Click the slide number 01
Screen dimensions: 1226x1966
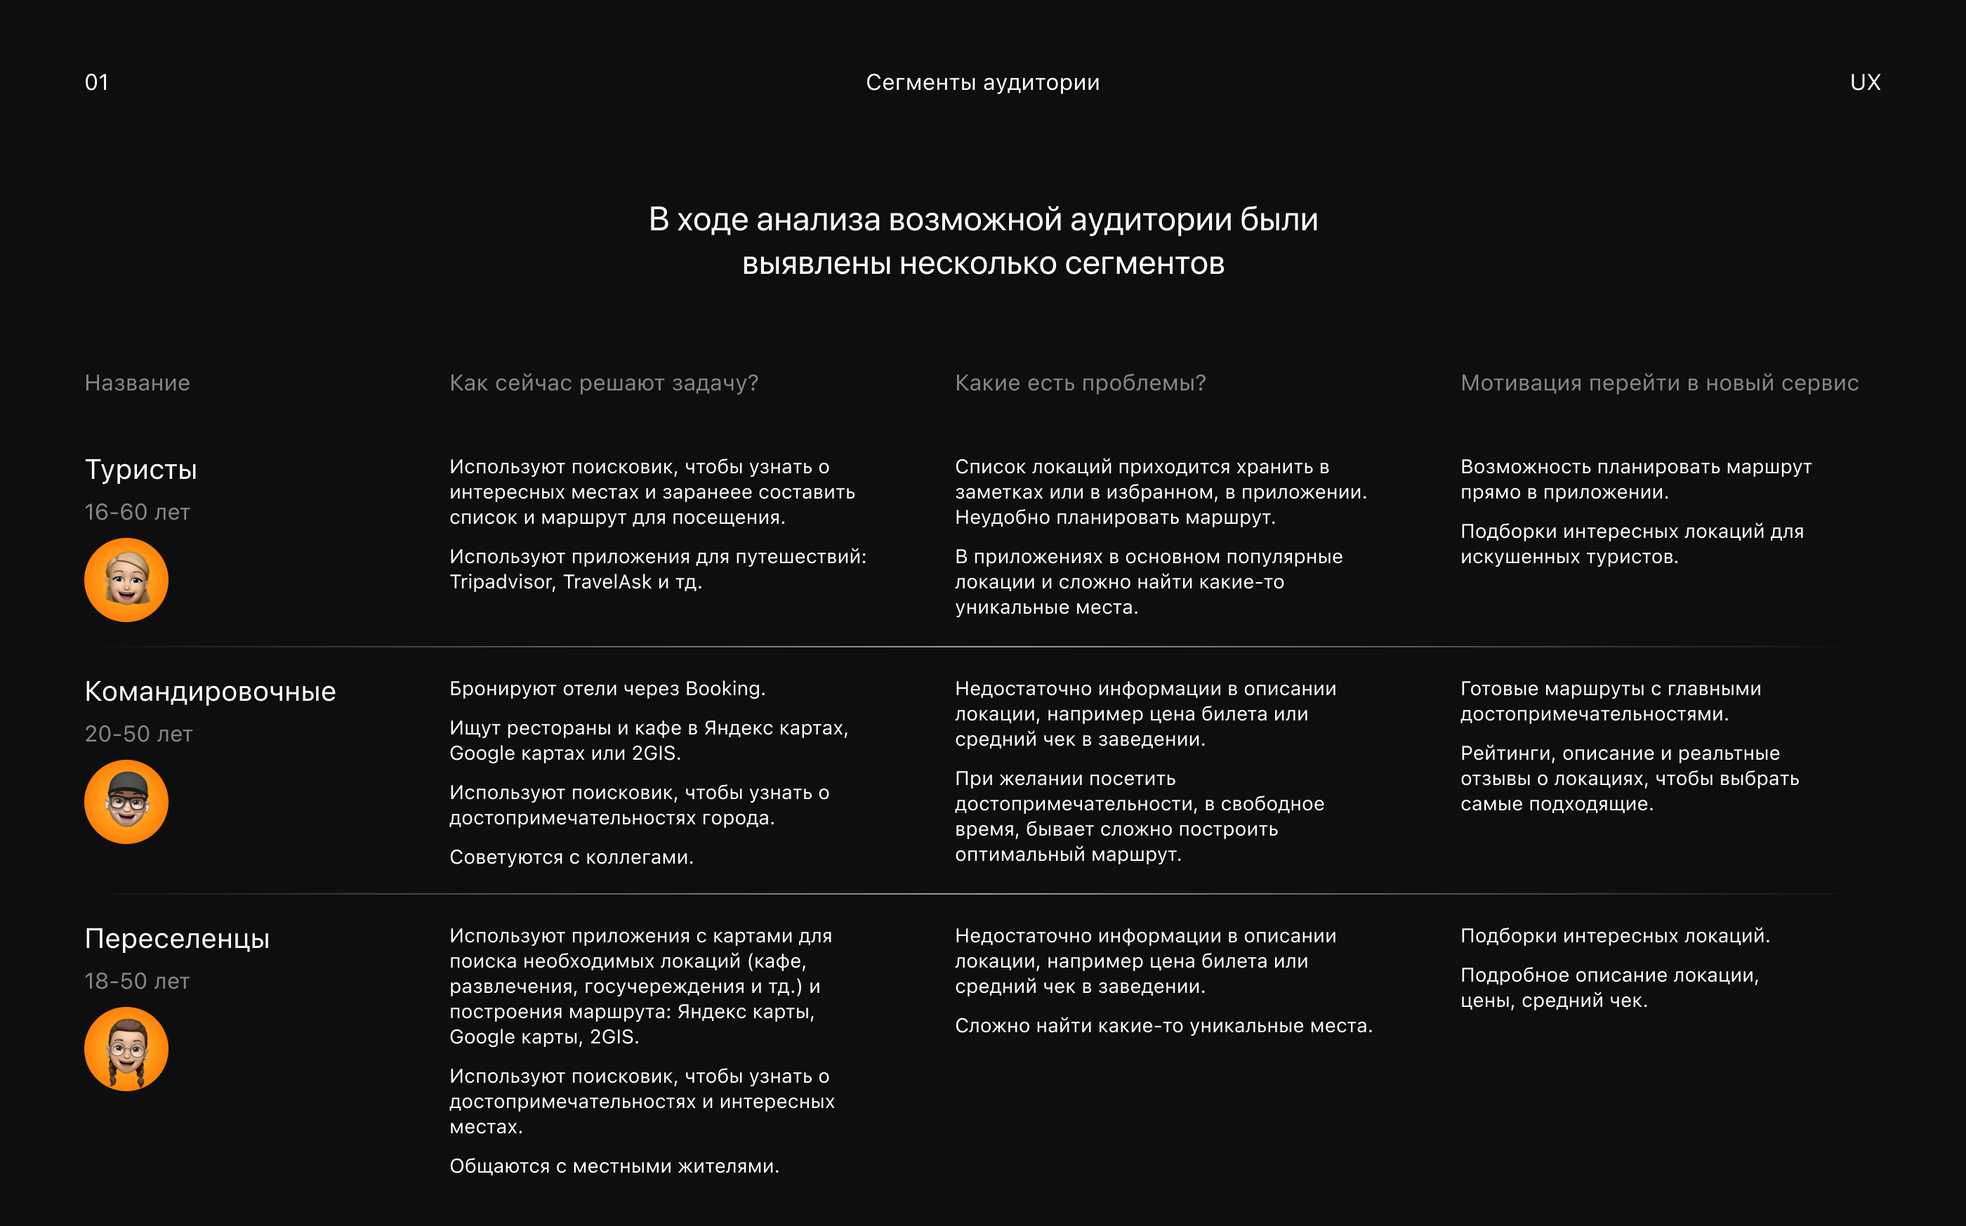(x=96, y=82)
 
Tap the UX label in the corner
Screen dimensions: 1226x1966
(x=1865, y=82)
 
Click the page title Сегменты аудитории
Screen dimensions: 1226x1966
(x=982, y=82)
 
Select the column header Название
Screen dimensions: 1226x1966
(x=137, y=383)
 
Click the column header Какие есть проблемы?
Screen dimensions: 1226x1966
(x=1080, y=383)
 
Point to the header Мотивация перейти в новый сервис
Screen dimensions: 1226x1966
(x=1658, y=383)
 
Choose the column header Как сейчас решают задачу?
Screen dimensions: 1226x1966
(x=604, y=383)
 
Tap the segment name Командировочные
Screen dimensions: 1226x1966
(x=210, y=692)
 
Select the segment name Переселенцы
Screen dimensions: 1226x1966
(x=177, y=938)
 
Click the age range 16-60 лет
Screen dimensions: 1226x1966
(x=137, y=513)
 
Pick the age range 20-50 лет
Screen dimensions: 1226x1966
(x=138, y=734)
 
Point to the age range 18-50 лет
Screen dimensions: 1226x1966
(x=137, y=981)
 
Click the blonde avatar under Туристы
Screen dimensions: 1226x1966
(x=126, y=580)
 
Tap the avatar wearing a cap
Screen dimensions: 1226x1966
(x=126, y=802)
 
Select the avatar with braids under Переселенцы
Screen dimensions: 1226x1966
(x=126, y=1048)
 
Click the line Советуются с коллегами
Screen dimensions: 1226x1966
(x=572, y=857)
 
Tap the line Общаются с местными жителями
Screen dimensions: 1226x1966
(x=614, y=1166)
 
